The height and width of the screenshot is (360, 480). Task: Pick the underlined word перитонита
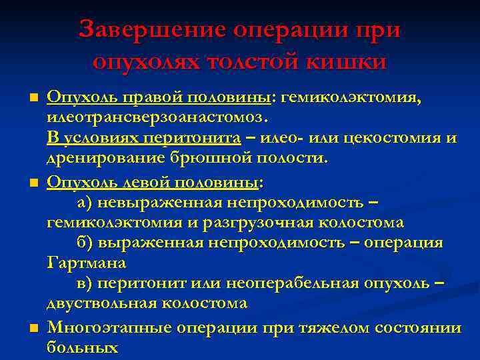pyautogui.click(x=198, y=138)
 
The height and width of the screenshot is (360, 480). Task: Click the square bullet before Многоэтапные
pyautogui.click(x=34, y=328)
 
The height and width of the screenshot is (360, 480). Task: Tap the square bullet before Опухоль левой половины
pyautogui.click(x=34, y=183)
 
